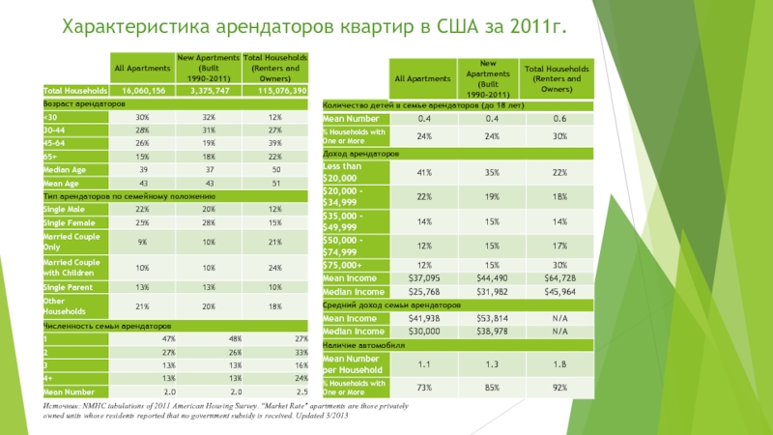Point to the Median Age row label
click(64, 169)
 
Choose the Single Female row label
click(68, 223)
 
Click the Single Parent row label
click(67, 287)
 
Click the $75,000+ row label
click(343, 264)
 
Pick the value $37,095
click(423, 277)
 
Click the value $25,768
click(423, 291)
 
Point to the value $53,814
click(491, 317)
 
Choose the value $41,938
click(423, 317)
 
